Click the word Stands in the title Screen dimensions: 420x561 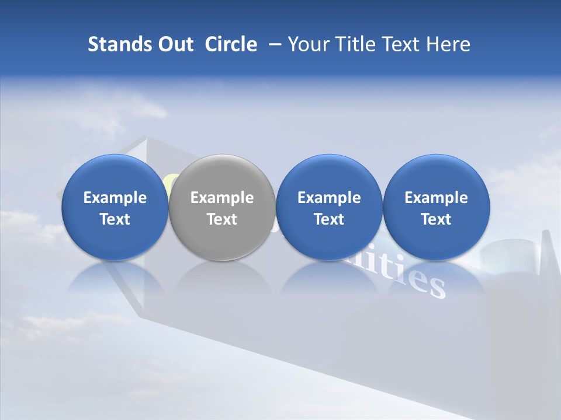point(115,44)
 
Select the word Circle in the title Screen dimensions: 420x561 point(231,44)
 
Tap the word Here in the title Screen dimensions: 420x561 point(448,44)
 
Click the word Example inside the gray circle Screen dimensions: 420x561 point(222,198)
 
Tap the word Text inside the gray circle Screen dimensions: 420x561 point(222,219)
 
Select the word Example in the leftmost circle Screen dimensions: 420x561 point(115,198)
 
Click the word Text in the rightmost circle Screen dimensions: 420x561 point(436,219)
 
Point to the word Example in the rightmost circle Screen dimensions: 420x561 point(436,198)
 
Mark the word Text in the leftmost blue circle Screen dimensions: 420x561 point(115,219)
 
